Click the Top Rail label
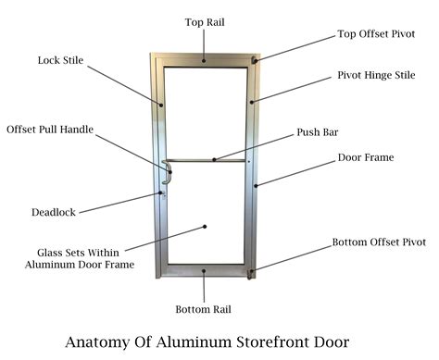click(x=205, y=21)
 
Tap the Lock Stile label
click(x=60, y=61)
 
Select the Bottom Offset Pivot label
click(x=380, y=244)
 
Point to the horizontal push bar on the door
click(x=208, y=161)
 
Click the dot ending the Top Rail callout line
click(x=205, y=60)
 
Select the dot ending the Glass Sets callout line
click(x=205, y=225)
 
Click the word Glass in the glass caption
click(x=54, y=251)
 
